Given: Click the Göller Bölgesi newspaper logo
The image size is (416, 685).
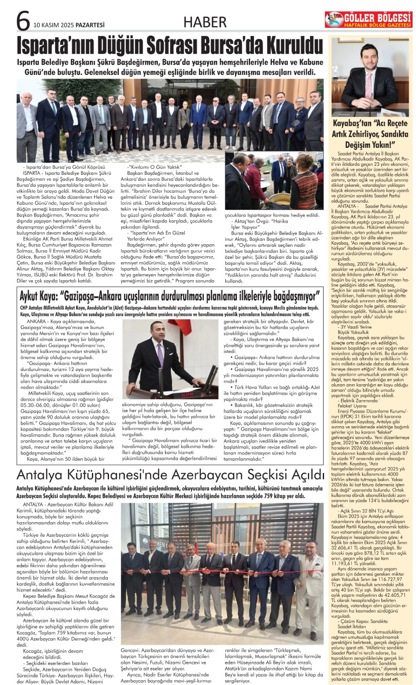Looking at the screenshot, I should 368,20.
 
